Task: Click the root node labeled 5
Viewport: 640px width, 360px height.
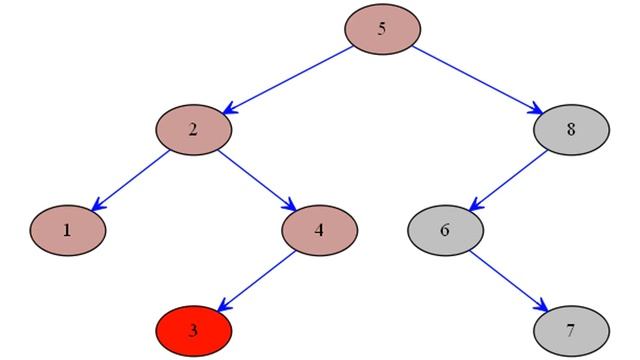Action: click(x=382, y=29)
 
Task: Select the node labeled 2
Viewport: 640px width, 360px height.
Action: click(x=194, y=129)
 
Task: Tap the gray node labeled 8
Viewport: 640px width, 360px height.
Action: click(x=571, y=129)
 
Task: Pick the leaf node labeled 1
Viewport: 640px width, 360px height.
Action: click(x=67, y=229)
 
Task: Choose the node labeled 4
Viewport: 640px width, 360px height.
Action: click(x=319, y=229)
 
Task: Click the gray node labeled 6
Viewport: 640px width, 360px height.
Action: click(x=445, y=229)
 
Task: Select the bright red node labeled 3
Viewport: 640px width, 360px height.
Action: click(x=194, y=328)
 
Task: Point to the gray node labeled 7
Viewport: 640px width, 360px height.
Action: click(x=571, y=328)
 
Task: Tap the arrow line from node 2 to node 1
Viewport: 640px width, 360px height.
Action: click(x=131, y=179)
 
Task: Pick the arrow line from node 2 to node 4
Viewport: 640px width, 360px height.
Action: click(x=257, y=179)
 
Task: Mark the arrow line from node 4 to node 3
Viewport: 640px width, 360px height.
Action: click(x=257, y=279)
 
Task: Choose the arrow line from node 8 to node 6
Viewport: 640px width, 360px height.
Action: click(x=508, y=179)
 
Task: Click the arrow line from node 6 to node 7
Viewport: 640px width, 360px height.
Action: click(x=508, y=279)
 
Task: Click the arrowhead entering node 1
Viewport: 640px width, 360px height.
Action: click(x=98, y=205)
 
